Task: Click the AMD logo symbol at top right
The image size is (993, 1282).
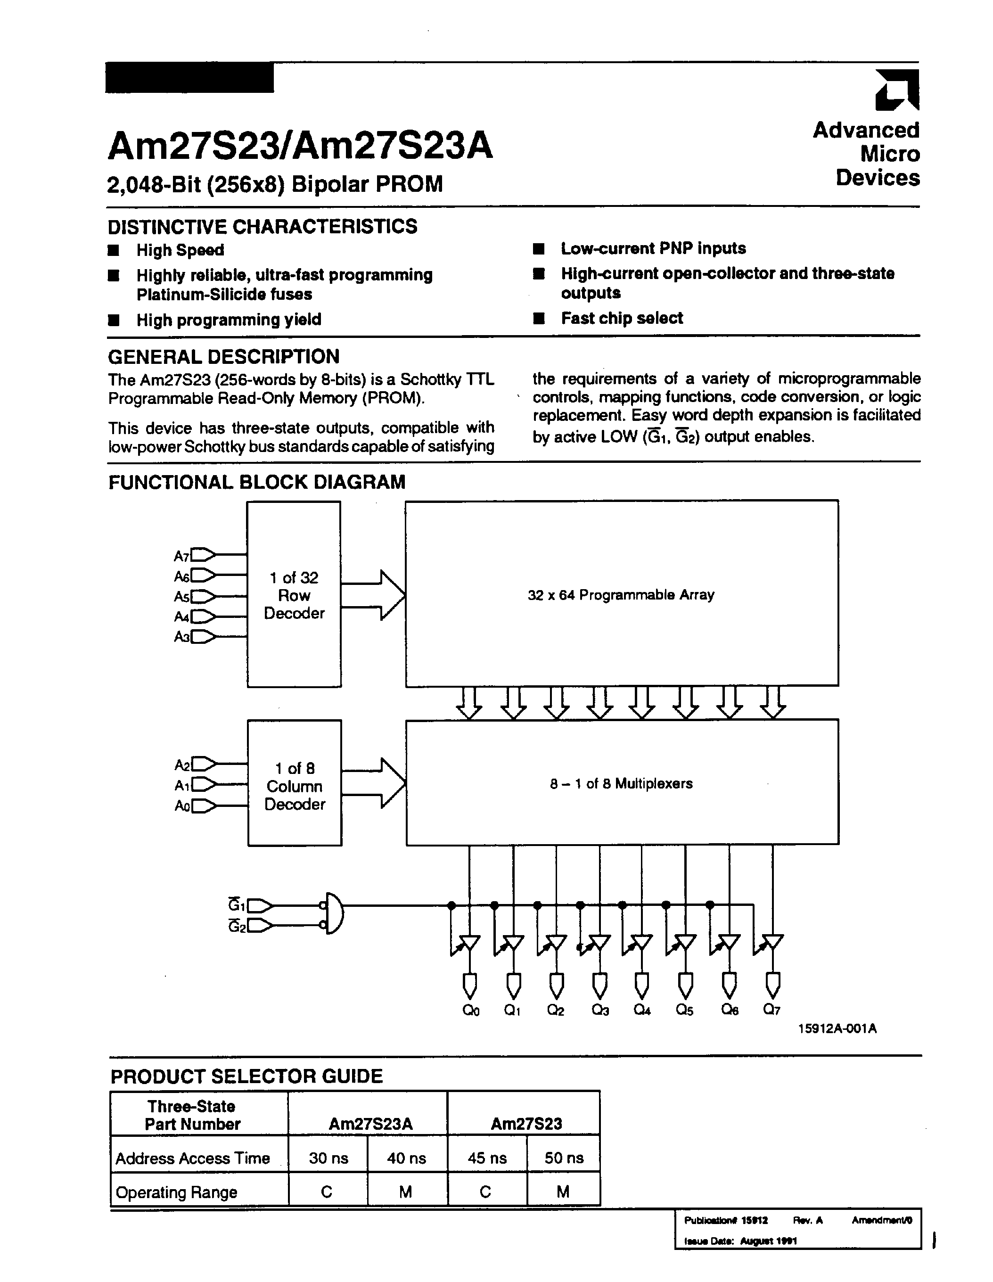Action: [897, 90]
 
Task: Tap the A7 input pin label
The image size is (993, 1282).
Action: [181, 555]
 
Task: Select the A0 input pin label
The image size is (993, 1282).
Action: [182, 806]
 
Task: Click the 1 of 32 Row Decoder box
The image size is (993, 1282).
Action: [294, 594]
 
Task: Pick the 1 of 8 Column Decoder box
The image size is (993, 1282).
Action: [295, 783]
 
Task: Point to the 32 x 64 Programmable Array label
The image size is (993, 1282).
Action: [621, 595]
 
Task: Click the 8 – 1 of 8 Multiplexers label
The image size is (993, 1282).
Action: [621, 784]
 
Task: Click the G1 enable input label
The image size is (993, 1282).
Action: [237, 904]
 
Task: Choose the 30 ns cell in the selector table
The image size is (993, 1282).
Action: [328, 1158]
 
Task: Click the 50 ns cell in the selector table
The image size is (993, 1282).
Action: [563, 1158]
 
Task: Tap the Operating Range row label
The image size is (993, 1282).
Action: [176, 1192]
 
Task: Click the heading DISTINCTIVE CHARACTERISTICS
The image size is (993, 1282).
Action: [263, 226]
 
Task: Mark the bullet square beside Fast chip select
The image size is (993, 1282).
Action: [539, 318]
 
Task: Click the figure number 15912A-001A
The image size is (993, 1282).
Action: [837, 1028]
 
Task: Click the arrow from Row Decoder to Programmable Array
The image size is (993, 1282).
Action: [373, 595]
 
